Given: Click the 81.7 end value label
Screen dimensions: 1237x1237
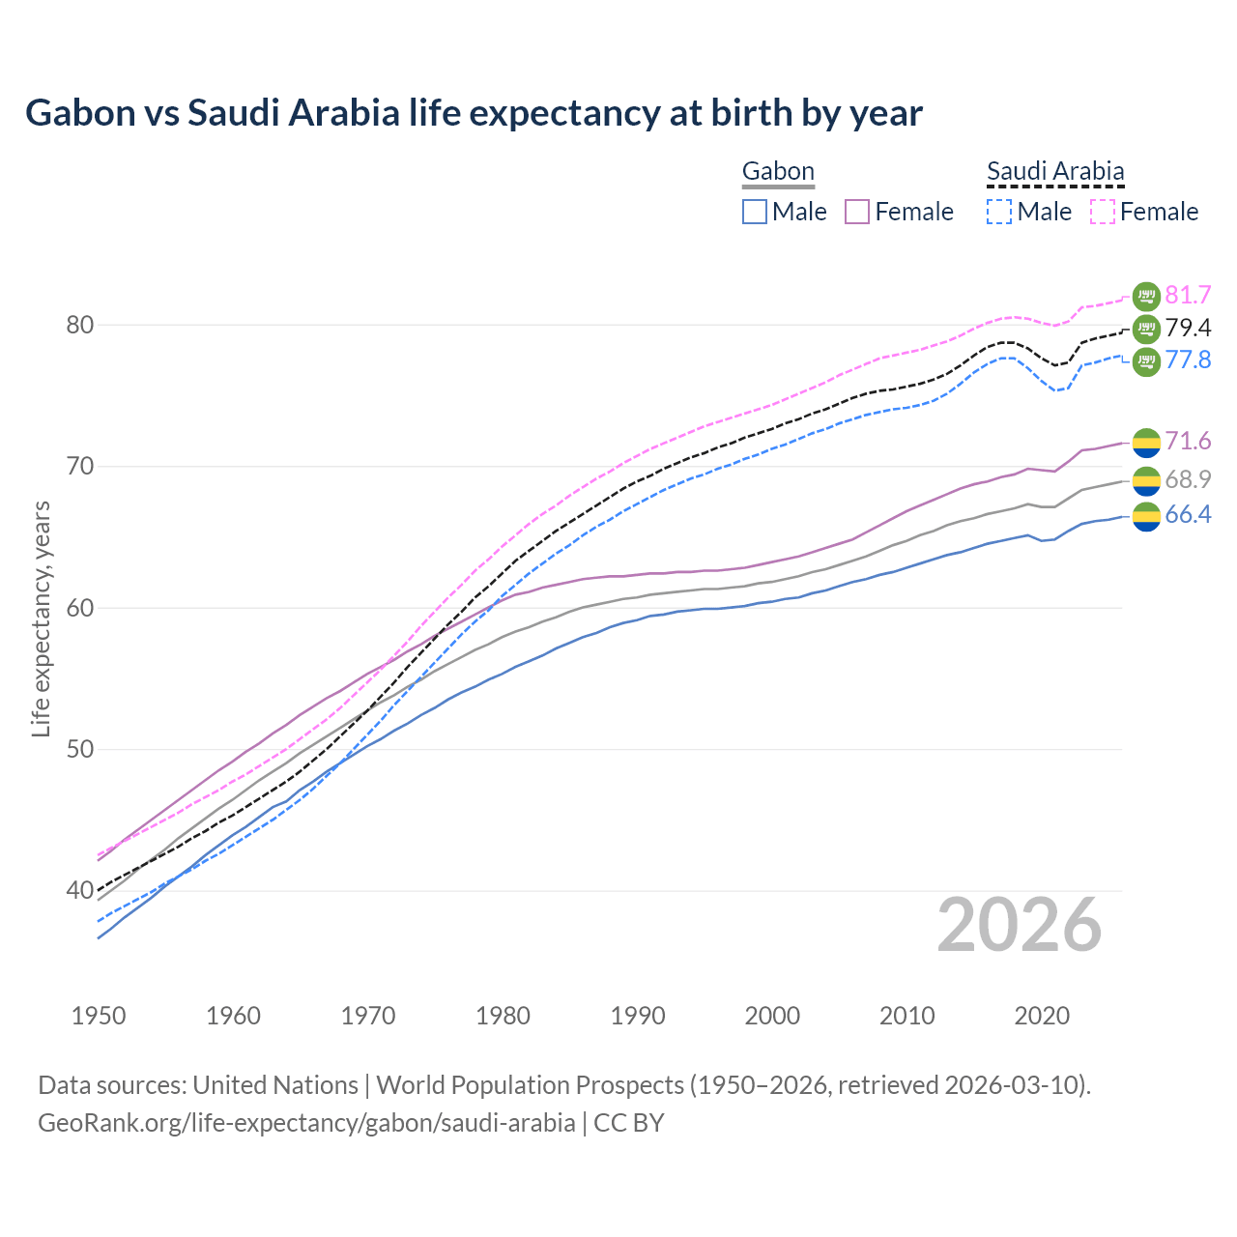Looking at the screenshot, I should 1188,296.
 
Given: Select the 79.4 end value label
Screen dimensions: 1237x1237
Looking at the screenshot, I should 1188,329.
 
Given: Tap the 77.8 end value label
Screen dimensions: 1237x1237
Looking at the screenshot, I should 1188,360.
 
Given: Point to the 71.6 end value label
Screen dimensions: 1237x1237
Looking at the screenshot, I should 1188,442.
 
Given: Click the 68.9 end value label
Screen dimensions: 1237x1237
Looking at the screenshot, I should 1188,479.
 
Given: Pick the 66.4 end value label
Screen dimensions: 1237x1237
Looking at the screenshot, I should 1188,515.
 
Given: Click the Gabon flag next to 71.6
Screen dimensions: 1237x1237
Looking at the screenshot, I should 1145,443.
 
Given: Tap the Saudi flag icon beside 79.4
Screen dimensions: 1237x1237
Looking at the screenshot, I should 1145,329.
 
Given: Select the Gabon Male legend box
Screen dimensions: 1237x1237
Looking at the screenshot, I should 755,212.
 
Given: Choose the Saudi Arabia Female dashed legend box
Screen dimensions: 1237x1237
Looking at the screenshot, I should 1103,212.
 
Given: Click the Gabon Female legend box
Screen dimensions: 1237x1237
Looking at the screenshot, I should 858,212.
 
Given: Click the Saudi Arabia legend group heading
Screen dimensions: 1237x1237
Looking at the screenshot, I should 1055,172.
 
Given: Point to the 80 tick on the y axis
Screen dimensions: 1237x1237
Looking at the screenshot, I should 80,326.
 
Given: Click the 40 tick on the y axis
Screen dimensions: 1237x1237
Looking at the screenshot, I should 80,891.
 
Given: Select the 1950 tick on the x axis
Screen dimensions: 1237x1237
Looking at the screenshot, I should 100,1016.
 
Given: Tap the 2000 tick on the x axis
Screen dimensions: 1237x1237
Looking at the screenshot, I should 772,1016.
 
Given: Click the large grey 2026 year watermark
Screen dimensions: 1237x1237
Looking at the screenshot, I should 1020,926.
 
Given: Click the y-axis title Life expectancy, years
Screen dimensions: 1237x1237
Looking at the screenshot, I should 42,618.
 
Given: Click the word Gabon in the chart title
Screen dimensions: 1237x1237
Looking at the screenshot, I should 80,113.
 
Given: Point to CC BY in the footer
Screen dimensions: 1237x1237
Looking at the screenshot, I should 629,1123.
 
